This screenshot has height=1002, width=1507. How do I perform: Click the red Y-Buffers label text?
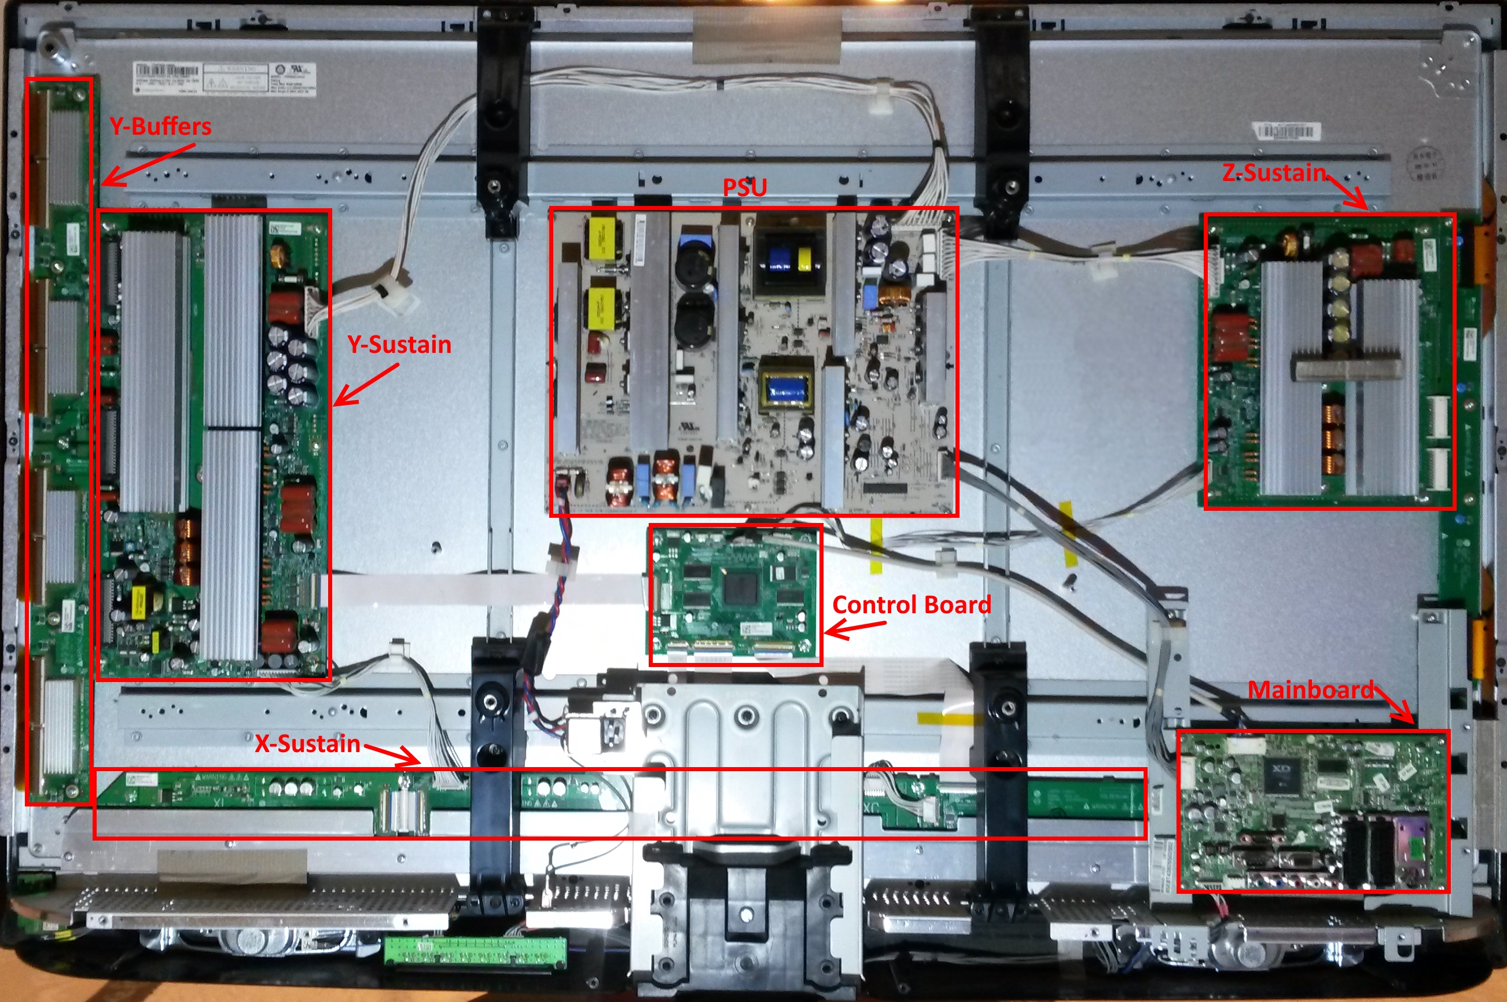(x=160, y=127)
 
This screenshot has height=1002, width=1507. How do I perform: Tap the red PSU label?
(x=745, y=187)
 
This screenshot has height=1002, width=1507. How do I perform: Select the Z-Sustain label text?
(x=1274, y=172)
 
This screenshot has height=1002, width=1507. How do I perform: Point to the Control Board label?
(x=911, y=605)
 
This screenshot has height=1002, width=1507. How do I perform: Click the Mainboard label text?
(x=1310, y=690)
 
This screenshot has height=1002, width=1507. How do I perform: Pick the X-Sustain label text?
(x=307, y=744)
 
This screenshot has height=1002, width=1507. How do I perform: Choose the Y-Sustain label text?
(x=399, y=344)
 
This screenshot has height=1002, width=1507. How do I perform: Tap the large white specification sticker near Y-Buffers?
(x=224, y=79)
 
